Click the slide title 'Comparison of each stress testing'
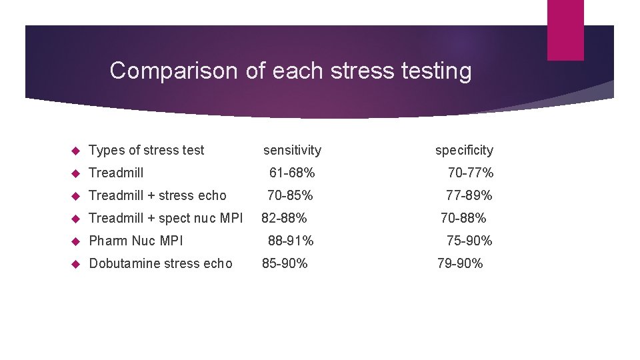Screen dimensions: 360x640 (x=291, y=71)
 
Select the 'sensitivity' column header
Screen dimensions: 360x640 (x=292, y=151)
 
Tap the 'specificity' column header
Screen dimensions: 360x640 (x=464, y=151)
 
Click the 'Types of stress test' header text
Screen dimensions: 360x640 (x=147, y=151)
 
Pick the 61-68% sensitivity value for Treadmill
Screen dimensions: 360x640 (x=292, y=173)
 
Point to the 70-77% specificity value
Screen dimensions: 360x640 (x=471, y=173)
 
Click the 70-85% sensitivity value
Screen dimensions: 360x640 (x=290, y=196)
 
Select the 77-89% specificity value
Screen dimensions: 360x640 (x=469, y=196)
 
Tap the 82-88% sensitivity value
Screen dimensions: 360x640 (x=284, y=218)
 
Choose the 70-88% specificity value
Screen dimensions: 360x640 (x=463, y=218)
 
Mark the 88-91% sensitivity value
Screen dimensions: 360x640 (x=291, y=241)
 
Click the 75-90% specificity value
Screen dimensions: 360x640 (x=469, y=241)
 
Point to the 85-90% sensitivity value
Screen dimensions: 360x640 (x=285, y=263)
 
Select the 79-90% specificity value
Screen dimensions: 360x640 (x=460, y=263)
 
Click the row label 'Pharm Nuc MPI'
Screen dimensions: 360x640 (x=136, y=241)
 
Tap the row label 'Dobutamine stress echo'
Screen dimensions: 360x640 (x=161, y=263)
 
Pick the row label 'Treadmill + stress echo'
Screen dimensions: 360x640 (x=157, y=196)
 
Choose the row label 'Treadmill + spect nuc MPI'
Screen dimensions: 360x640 (x=166, y=218)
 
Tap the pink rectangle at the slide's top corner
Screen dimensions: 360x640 (x=565, y=29)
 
